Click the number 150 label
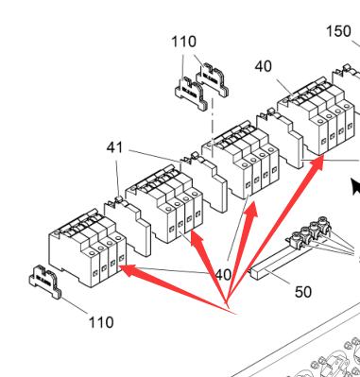pos(338,31)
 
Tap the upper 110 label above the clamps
pos(184,42)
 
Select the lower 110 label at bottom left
pos(101,322)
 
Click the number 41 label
pos(114,147)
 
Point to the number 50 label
pos(303,292)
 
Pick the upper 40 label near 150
pos(264,67)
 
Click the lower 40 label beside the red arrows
pos(223,275)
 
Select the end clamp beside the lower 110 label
pos(45,282)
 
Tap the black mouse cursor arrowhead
pos(355,186)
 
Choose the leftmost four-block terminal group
pos(88,248)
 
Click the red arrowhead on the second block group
pos(196,237)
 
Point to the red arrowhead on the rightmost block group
pos(317,163)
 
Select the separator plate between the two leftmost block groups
pos(128,225)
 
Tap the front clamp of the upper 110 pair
pos(192,94)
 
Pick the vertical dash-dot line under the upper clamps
pos(213,128)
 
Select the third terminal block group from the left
pos(240,160)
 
